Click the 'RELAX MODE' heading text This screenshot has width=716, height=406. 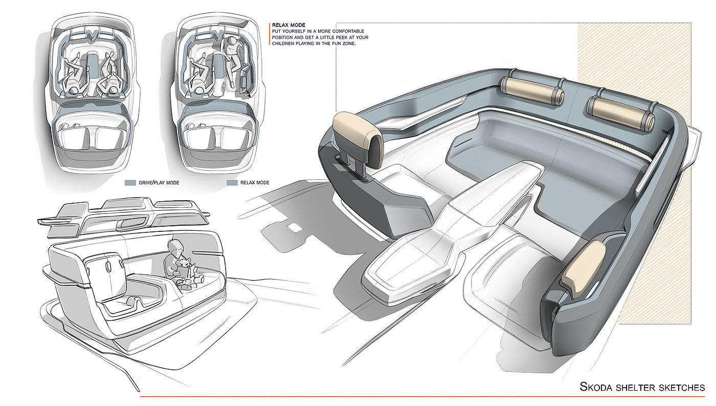(288, 25)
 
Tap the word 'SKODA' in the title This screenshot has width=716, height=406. (596, 387)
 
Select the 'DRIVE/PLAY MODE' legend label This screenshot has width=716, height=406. (159, 183)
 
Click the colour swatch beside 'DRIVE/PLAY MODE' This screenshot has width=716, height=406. (130, 183)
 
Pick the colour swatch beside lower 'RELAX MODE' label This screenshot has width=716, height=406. (232, 183)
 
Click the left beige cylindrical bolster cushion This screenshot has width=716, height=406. (532, 90)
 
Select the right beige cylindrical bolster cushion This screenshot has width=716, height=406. (621, 113)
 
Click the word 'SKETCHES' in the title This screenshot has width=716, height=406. (677, 388)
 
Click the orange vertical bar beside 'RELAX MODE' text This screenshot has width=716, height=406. (270, 34)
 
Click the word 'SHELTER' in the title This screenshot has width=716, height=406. (631, 388)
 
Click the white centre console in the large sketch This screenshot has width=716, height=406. (454, 230)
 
